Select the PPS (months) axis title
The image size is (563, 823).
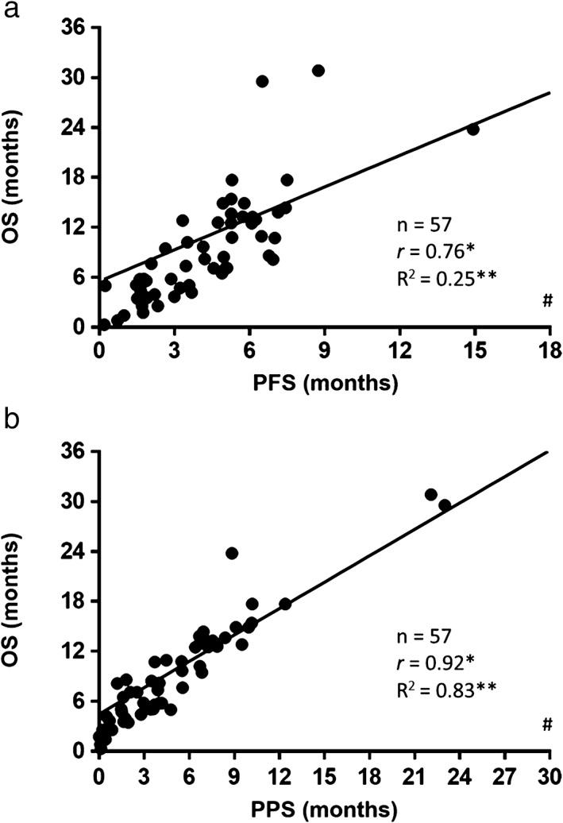point(325,808)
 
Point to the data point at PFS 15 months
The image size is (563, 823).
point(473,129)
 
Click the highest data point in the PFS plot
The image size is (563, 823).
point(318,71)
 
